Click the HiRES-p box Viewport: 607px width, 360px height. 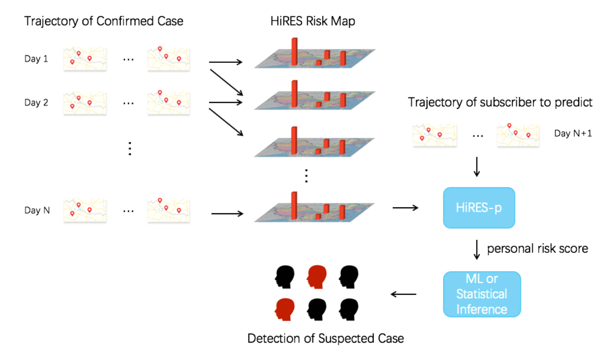click(479, 208)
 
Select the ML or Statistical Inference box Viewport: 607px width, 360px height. click(482, 294)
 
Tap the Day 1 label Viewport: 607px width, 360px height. click(36, 59)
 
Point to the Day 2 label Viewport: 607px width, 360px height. click(36, 103)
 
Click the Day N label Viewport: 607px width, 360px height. click(37, 211)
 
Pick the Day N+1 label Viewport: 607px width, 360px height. click(573, 134)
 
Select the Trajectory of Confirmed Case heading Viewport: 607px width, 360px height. click(103, 21)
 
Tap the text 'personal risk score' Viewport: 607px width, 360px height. click(538, 249)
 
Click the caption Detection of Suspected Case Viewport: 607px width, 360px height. click(325, 339)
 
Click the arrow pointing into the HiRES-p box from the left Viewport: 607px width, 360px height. click(405, 208)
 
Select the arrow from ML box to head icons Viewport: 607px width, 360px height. click(404, 294)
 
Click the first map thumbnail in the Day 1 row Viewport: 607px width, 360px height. click(85, 58)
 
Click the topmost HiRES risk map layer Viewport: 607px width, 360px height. click(315, 57)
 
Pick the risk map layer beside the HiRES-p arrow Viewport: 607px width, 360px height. click(315, 211)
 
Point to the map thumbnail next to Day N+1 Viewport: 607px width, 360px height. click(518, 134)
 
